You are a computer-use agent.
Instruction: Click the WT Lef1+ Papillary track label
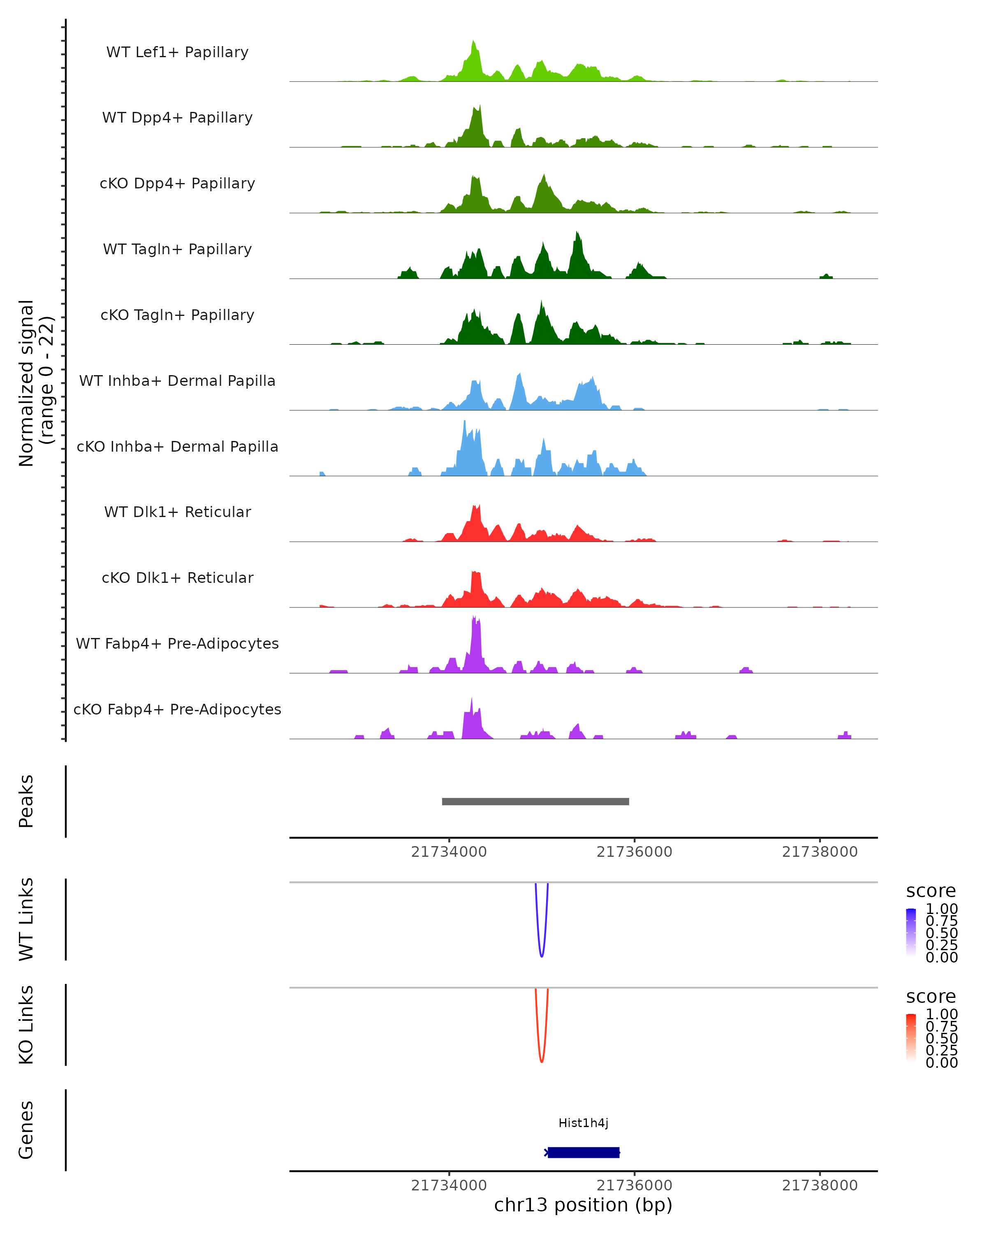pos(177,52)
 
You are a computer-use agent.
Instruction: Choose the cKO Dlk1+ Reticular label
pos(177,578)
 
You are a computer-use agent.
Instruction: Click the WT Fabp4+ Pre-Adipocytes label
pos(177,643)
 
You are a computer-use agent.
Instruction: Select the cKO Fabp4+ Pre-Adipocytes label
pos(177,709)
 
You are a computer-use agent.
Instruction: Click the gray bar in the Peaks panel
pos(535,801)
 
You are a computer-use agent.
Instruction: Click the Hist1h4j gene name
pos(583,1123)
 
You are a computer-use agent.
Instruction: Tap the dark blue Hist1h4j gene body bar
pos(583,1152)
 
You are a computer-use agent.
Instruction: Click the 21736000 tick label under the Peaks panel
pos(634,852)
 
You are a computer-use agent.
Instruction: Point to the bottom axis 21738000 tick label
pos(819,1185)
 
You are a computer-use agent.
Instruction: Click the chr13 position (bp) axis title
pos(583,1205)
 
